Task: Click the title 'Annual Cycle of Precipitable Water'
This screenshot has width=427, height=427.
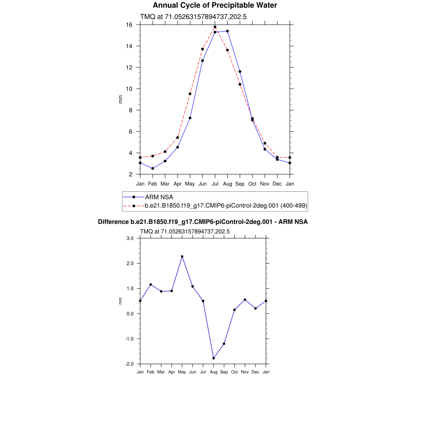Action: (x=215, y=5)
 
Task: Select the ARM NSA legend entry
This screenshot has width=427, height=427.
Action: (x=159, y=197)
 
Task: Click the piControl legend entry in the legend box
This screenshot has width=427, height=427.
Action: (x=226, y=206)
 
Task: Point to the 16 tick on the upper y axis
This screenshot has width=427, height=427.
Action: (x=130, y=25)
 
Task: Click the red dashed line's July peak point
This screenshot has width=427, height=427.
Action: (x=215, y=27)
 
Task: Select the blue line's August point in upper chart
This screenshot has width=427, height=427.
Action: (x=227, y=31)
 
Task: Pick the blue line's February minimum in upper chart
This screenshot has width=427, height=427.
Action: (x=153, y=168)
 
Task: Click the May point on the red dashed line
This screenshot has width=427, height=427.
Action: (x=190, y=94)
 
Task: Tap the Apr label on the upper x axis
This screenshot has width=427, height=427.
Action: (x=178, y=183)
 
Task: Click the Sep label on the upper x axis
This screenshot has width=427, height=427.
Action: (x=240, y=183)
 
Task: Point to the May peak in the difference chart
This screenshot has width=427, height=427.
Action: (x=182, y=256)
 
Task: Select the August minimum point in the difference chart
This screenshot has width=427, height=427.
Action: (x=213, y=358)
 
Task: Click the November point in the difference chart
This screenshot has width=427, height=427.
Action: (x=245, y=300)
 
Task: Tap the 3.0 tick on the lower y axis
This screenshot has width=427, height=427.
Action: (x=129, y=239)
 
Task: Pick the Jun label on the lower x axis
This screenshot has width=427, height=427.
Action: (x=193, y=372)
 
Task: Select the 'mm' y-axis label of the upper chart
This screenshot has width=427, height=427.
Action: (x=121, y=99)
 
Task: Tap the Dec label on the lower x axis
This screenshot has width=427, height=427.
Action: (x=255, y=372)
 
